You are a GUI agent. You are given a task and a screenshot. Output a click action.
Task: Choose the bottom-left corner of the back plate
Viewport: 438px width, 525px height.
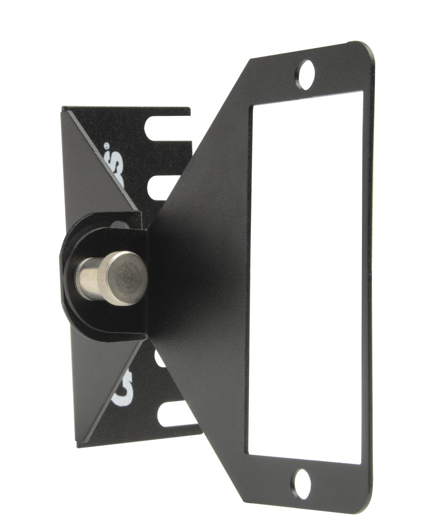tap(79, 445)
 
